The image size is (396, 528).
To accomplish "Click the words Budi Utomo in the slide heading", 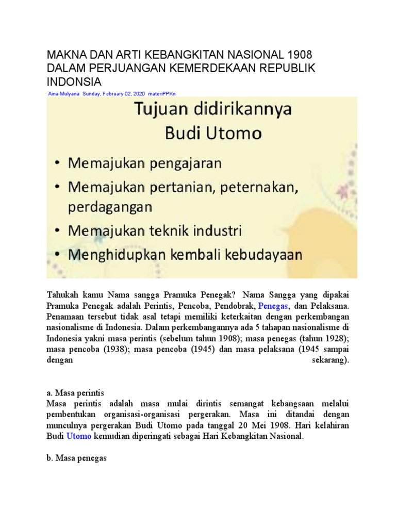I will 213,134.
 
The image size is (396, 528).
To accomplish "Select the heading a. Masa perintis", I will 75,392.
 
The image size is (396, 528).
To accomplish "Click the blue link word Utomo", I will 78,436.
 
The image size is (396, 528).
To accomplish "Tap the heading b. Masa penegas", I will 76,457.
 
